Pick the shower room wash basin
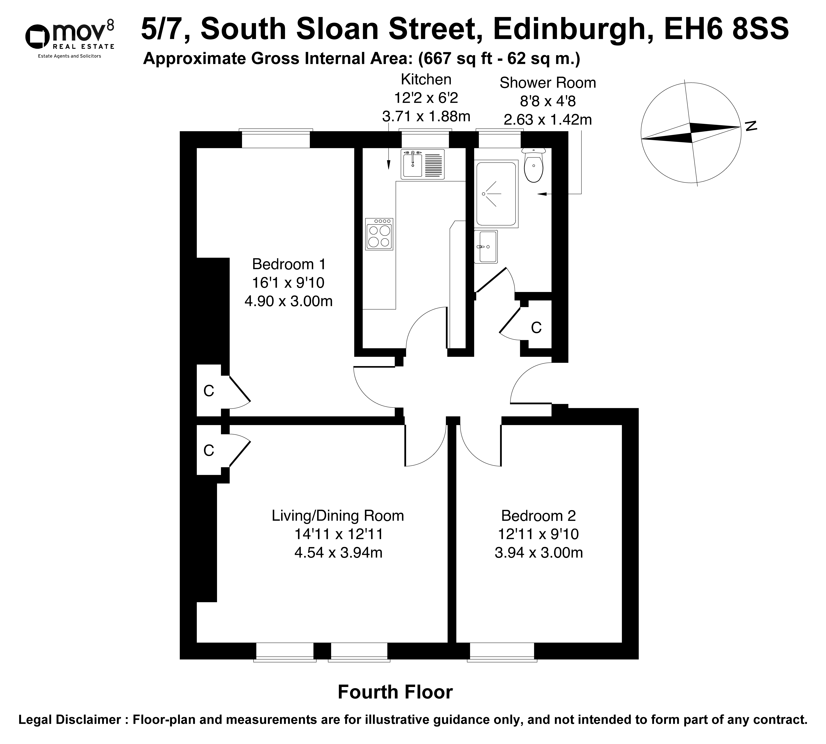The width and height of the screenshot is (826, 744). (486, 247)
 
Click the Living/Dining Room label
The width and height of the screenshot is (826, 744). (338, 516)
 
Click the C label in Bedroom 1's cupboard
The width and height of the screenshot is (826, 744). (209, 391)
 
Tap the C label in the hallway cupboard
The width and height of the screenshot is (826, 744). (536, 327)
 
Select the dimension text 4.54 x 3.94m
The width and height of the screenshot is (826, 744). (338, 553)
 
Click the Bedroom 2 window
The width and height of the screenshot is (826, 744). (502, 652)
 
